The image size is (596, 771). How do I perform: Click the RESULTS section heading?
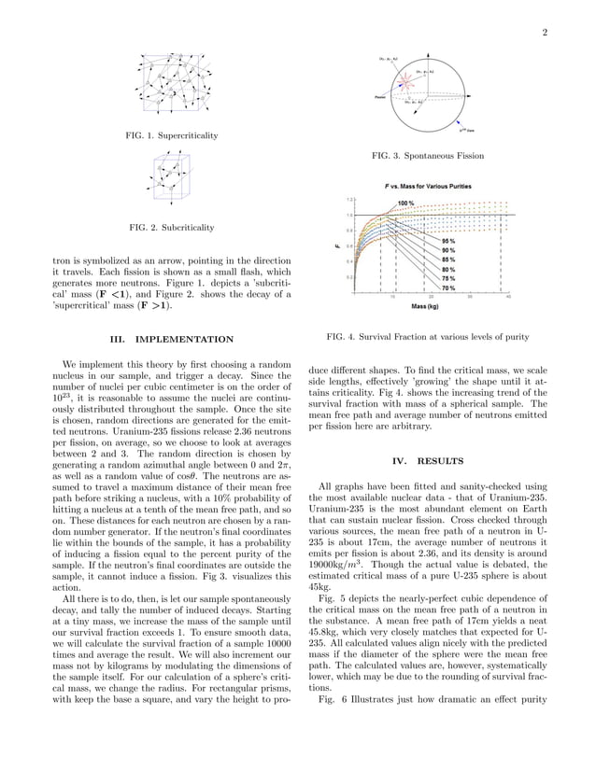click(x=435, y=460)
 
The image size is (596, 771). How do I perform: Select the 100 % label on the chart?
click(x=406, y=203)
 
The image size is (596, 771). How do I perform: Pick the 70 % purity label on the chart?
click(x=448, y=287)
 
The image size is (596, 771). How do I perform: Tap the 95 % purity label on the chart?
click(x=448, y=241)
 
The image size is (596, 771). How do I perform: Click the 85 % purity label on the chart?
click(x=448, y=259)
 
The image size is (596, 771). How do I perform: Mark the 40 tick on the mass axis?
click(x=508, y=297)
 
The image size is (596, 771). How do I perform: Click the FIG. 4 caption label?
click(x=340, y=336)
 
